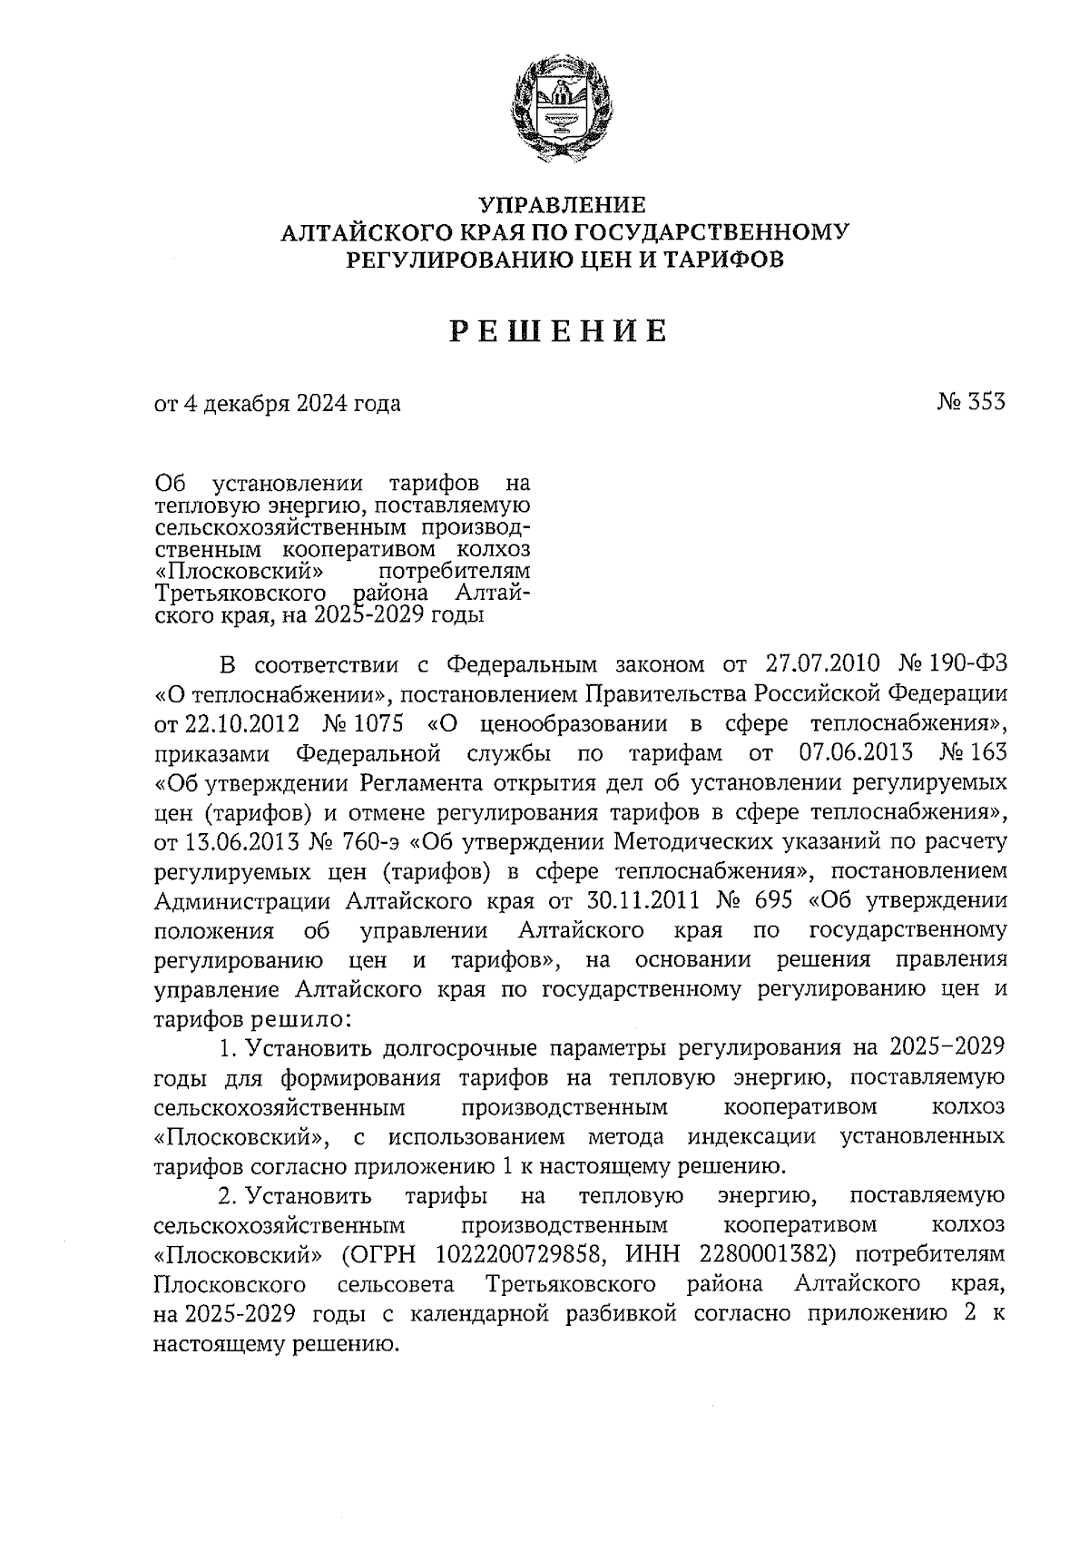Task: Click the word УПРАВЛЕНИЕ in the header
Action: click(563, 204)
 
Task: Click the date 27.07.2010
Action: click(823, 664)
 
